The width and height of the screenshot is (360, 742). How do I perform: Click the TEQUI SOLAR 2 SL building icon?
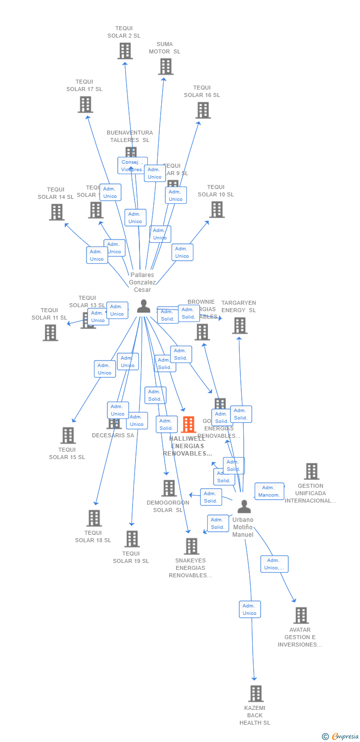click(x=125, y=51)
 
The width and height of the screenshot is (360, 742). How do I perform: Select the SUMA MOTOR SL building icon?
click(x=166, y=67)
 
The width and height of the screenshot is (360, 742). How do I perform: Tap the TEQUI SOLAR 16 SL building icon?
click(x=203, y=110)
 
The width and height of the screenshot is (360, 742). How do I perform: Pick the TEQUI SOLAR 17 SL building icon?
click(x=86, y=104)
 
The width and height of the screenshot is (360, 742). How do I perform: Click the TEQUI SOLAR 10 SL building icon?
click(x=217, y=210)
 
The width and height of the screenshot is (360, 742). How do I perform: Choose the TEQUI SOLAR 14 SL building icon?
click(x=57, y=212)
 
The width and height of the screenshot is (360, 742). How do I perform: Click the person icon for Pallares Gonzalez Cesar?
click(x=143, y=307)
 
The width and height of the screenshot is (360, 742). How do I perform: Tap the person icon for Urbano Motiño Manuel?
click(x=244, y=507)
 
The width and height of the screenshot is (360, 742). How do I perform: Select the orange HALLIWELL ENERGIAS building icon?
click(x=188, y=424)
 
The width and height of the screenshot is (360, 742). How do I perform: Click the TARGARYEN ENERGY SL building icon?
click(x=239, y=325)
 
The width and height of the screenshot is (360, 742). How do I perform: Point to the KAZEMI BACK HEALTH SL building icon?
click(x=256, y=694)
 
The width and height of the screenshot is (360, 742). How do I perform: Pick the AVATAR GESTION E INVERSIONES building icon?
click(x=301, y=615)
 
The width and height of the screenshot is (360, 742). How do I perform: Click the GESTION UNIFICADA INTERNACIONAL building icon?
click(x=311, y=471)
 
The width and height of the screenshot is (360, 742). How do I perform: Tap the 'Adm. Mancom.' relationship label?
click(x=270, y=491)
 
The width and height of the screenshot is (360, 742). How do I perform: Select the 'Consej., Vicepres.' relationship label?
click(x=132, y=165)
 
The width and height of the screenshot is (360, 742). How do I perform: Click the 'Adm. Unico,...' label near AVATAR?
click(x=274, y=564)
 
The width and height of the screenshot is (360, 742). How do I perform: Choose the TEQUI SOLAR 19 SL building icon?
click(x=132, y=539)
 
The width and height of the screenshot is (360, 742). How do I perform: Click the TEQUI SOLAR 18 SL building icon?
click(x=93, y=518)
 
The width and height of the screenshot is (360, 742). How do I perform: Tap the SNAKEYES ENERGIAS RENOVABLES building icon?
click(x=191, y=546)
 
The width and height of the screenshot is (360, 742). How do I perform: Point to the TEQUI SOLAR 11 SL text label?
click(x=49, y=314)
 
